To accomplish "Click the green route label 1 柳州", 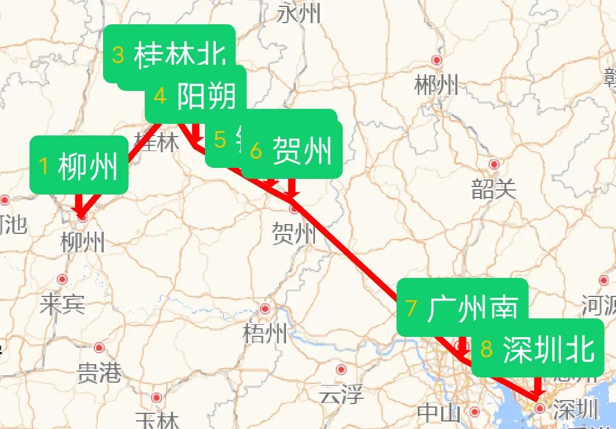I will click(x=79, y=166).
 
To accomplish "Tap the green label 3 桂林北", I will click(x=169, y=54).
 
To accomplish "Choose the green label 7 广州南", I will click(x=463, y=307).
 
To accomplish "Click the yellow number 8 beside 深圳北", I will click(x=487, y=350).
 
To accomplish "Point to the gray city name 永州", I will click(x=299, y=13).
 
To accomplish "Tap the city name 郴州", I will click(x=437, y=86).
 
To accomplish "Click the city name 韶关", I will click(x=493, y=189).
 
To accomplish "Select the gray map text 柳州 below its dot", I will click(x=83, y=242).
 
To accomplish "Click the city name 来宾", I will click(x=62, y=303).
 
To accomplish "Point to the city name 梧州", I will click(x=265, y=333).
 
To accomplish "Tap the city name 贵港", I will click(x=99, y=372).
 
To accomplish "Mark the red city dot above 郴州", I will click(x=437, y=60).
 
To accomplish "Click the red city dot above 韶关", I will click(x=494, y=164).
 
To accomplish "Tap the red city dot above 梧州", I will click(x=265, y=309).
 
